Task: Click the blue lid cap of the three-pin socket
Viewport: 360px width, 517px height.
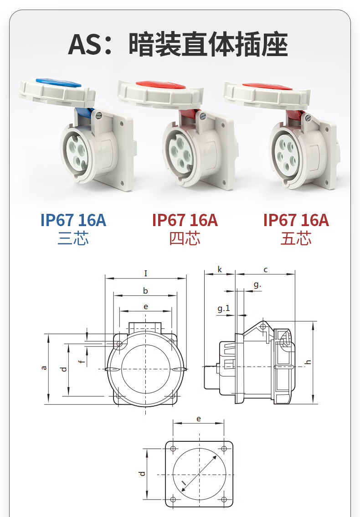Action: tap(58, 83)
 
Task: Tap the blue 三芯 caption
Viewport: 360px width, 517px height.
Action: tap(73, 238)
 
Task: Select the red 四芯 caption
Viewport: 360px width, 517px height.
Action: tap(185, 238)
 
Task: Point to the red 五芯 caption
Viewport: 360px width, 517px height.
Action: tap(296, 238)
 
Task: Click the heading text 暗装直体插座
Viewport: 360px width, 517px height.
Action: tap(208, 44)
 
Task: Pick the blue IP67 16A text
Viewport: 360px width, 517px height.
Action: tap(73, 220)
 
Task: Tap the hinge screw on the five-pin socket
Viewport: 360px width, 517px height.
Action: tap(308, 118)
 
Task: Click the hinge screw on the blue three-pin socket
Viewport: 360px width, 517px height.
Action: tap(98, 115)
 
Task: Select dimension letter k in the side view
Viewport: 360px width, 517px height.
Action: tap(220, 269)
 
